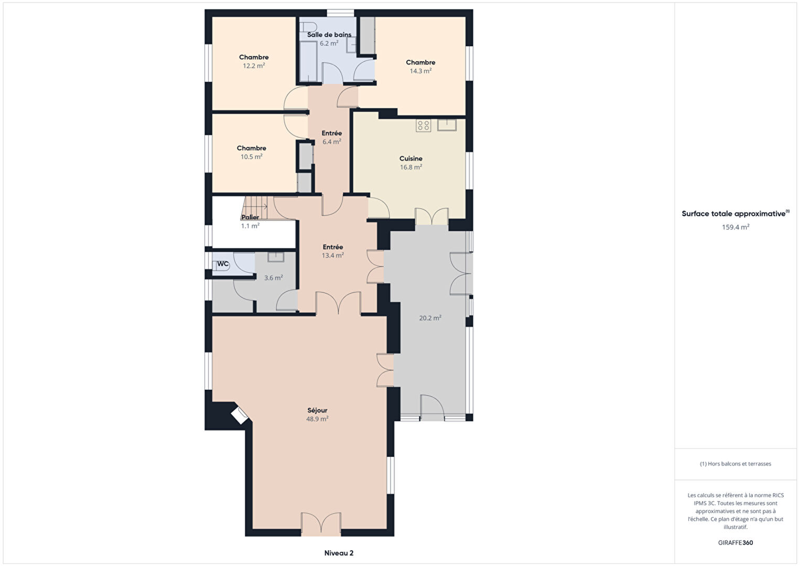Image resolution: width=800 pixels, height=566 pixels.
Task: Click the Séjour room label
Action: pos(317,410)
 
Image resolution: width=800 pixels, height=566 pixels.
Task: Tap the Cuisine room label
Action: pos(410,158)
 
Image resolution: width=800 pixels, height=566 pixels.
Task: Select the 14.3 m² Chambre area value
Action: pos(420,71)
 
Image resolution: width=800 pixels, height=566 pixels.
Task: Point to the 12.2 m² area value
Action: pos(254,66)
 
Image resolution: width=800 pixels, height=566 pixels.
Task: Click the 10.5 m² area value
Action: pos(252,156)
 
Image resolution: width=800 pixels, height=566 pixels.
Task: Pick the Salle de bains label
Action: pos(329,35)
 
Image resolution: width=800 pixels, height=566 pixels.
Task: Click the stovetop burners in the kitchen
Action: pos(423,125)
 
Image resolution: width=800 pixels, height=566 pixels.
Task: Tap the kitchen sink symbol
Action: pos(447,125)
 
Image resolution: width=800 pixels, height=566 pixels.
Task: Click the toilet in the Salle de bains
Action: pos(308,27)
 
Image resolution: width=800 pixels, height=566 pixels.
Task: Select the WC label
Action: pos(223,264)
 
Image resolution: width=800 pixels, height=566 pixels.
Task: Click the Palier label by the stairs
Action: pos(250,217)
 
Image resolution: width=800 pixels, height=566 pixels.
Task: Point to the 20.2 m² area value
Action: pos(430,318)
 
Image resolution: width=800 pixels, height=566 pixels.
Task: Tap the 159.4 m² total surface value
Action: pos(736,227)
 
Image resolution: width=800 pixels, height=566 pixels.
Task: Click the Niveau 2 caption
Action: pos(339,553)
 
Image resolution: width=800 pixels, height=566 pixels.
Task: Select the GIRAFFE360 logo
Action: pos(736,542)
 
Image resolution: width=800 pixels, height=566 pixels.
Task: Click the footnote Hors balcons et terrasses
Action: pos(736,463)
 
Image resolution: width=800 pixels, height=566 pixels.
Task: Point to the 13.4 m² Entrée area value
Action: pos(332,255)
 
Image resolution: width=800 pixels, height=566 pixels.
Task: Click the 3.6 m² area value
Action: pos(273,277)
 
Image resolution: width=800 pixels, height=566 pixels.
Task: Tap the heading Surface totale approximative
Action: pos(733,213)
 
